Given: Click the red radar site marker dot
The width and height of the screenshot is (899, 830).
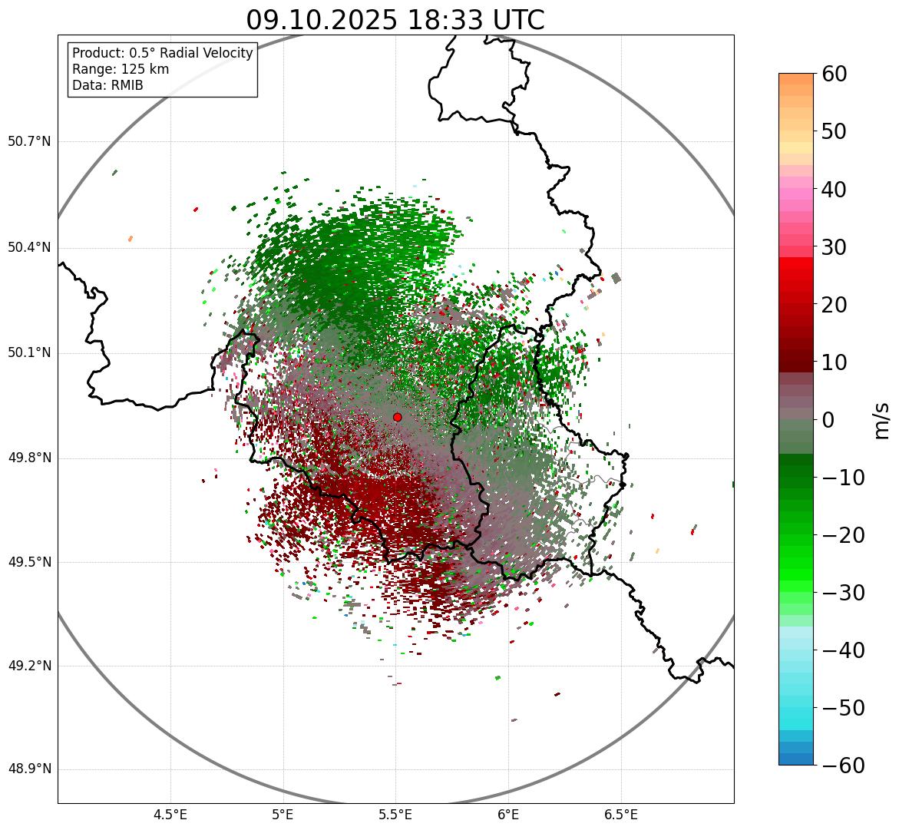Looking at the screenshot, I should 397,417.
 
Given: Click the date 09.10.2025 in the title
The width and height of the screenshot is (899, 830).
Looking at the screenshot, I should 322,20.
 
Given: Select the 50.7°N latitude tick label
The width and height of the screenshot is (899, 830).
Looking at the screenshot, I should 29,142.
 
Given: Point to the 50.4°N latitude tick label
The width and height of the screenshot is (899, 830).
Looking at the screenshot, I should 29,247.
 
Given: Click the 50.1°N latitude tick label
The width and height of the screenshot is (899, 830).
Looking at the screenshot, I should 29,353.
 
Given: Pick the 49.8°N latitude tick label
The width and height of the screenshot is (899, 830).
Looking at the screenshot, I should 29,458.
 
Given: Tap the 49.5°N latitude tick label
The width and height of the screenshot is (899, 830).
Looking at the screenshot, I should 29,562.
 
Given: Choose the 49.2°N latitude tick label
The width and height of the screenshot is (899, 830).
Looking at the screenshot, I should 29,666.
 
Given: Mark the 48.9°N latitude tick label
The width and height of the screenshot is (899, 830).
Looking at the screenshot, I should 29,769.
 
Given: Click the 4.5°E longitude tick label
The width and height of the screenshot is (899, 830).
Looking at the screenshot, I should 170,815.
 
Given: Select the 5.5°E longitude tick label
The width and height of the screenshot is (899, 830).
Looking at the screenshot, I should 395,815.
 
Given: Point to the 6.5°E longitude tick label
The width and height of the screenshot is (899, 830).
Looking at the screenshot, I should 620,815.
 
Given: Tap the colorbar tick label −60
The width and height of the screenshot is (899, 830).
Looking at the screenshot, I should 843,766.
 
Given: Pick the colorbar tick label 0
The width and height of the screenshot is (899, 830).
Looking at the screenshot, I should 828,420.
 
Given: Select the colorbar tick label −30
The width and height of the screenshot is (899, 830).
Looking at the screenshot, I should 843,593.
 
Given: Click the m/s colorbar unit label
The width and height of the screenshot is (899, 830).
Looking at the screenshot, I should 881,420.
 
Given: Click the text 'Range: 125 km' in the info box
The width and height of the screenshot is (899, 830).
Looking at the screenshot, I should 121,69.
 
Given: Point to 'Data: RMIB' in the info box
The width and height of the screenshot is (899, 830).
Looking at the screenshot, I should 107,85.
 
